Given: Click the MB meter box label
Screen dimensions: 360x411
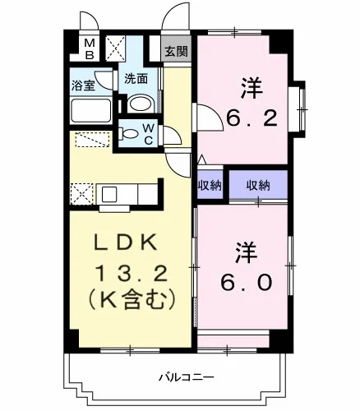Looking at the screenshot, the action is pyautogui.click(x=90, y=49).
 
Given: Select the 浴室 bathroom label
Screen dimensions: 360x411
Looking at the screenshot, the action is pyautogui.click(x=83, y=85).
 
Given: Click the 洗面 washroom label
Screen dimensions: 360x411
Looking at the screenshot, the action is pyautogui.click(x=136, y=79).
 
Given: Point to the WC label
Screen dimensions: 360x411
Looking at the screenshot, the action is pyautogui.click(x=148, y=134).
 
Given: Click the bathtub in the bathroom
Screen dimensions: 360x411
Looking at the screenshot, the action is pyautogui.click(x=90, y=110).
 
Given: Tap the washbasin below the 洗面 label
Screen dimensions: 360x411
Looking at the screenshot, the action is pyautogui.click(x=141, y=104).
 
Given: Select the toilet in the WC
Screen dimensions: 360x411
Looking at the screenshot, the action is pyautogui.click(x=129, y=134).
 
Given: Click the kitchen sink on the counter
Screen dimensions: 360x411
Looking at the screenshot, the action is pyautogui.click(x=109, y=194).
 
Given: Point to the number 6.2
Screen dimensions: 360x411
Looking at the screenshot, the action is pyautogui.click(x=252, y=118).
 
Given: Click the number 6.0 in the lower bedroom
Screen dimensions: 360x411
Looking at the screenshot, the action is pyautogui.click(x=247, y=282).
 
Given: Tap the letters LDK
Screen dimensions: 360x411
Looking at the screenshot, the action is pyautogui.click(x=126, y=242).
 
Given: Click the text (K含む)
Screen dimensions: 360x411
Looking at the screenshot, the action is pyautogui.click(x=131, y=299).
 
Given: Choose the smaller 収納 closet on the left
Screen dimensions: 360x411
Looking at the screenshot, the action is pyautogui.click(x=210, y=186).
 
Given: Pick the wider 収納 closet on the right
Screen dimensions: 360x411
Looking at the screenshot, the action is pyautogui.click(x=258, y=186).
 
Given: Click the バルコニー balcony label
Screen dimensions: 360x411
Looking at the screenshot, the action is pyautogui.click(x=187, y=378).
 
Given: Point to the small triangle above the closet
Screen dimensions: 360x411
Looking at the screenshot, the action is pyautogui.click(x=202, y=160).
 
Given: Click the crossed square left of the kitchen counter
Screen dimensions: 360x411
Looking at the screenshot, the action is pyautogui.click(x=82, y=194).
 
